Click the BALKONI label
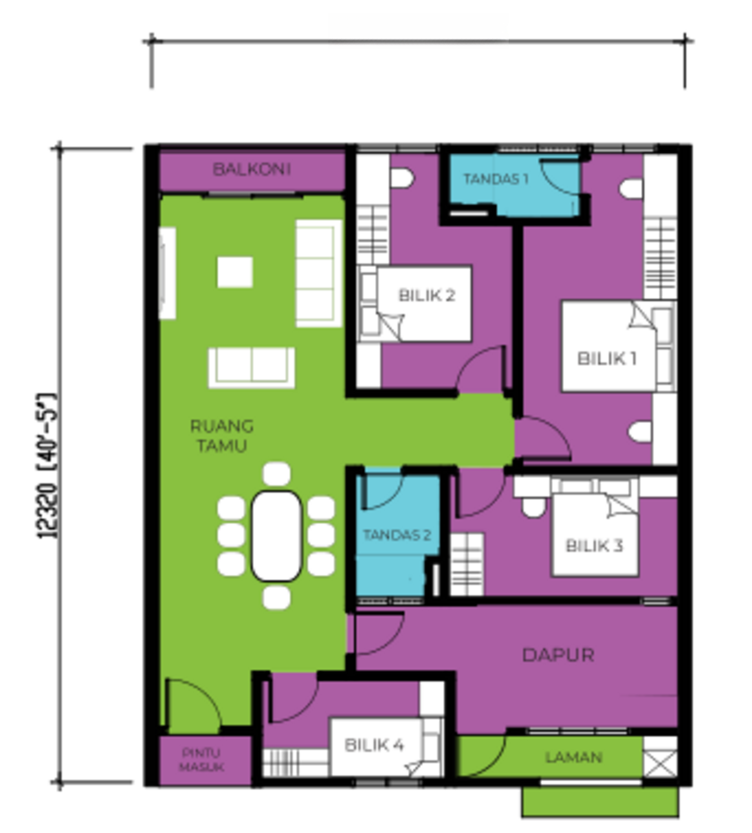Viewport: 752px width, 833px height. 252,169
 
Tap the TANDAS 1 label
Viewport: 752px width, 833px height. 495,179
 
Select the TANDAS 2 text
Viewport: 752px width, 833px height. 397,535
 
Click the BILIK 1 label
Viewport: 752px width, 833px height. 606,358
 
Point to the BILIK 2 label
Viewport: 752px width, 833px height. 427,295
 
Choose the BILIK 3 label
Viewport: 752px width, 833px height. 594,545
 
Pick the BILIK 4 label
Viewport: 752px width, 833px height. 374,745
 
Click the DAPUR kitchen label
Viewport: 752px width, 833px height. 558,655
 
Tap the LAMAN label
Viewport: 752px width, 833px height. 573,757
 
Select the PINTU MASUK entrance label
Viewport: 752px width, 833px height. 202,760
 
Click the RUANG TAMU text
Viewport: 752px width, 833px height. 222,436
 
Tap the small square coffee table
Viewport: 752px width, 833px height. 234,272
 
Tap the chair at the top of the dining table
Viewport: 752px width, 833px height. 276,474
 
